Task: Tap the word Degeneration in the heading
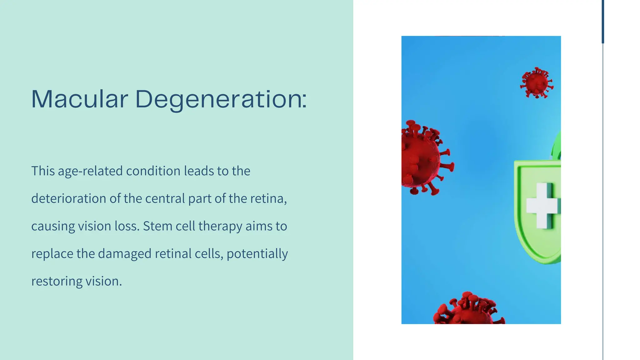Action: pyautogui.click(x=221, y=100)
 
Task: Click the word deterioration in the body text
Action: pyautogui.click(x=69, y=199)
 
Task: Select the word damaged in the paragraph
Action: pyautogui.click(x=125, y=254)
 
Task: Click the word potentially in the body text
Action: pyautogui.click(x=257, y=254)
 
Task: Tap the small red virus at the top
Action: pyautogui.click(x=537, y=83)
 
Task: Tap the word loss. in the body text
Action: pyautogui.click(x=127, y=226)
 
